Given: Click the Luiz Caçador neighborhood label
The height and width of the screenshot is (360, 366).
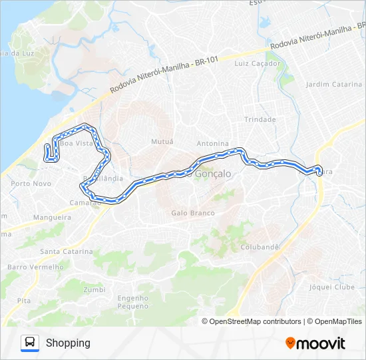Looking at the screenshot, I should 258,63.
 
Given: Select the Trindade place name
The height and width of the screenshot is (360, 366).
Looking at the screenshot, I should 260,119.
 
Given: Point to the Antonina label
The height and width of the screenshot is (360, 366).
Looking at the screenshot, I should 213,143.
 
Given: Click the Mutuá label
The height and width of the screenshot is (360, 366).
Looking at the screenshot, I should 162,141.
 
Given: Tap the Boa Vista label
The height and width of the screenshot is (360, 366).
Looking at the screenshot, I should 75,143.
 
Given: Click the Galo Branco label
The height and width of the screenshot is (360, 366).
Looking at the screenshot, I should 193,213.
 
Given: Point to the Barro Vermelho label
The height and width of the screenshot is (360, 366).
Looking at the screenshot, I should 35,267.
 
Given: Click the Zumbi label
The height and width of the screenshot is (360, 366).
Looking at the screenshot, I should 94,289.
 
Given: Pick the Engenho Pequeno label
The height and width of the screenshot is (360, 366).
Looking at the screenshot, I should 133,302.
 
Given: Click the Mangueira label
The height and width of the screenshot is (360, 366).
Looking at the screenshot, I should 52,217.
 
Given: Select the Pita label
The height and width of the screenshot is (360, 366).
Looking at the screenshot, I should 24,301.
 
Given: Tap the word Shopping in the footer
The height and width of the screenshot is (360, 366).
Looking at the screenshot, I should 68,343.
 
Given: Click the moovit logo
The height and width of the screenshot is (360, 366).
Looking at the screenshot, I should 315,343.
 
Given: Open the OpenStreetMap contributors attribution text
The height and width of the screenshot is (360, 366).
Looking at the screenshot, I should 252,321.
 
